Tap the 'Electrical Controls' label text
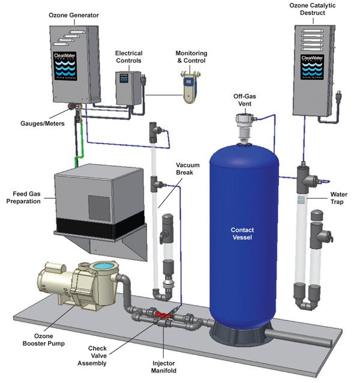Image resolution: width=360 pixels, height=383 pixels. [129, 56]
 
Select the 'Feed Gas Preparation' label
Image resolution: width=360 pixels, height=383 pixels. [25, 198]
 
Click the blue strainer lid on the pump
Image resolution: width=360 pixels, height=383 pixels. [101, 266]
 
